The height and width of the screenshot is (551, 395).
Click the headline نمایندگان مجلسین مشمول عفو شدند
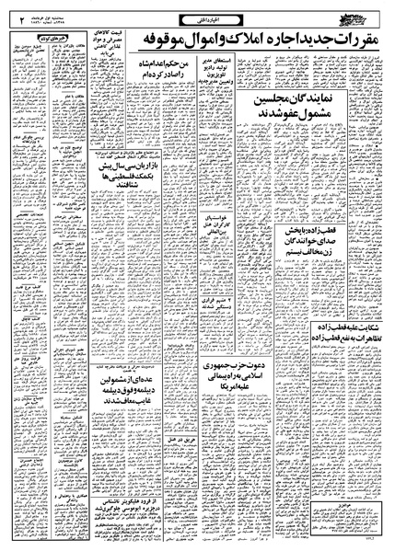pos(296,102)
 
